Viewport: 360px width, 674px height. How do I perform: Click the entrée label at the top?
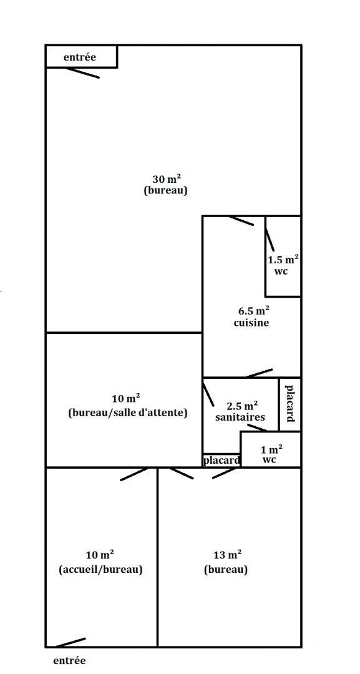point(79,57)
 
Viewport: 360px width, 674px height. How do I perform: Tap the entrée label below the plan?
point(69,661)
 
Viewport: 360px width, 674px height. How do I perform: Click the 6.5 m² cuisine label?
point(251,316)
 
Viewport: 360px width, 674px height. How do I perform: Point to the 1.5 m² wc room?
point(283,256)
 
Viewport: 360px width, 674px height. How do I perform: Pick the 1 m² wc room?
point(271,449)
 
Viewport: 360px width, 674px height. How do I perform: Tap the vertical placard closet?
point(290,404)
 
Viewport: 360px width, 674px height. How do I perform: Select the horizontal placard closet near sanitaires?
point(221,461)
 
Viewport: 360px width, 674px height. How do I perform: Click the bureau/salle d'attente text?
point(127,413)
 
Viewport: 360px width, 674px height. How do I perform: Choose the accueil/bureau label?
point(100,570)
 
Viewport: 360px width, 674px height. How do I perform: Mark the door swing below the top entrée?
point(82,72)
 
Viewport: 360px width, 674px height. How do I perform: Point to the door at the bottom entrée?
point(71,643)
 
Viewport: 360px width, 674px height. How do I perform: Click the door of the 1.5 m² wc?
point(270,240)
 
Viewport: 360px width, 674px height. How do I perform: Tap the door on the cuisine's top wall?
point(241,220)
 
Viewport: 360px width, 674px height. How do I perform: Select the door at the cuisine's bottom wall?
point(260,373)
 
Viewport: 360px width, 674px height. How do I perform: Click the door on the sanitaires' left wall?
point(208,393)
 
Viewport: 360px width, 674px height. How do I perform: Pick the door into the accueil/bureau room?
point(135,474)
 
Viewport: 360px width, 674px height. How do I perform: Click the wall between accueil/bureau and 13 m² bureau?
point(157,557)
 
